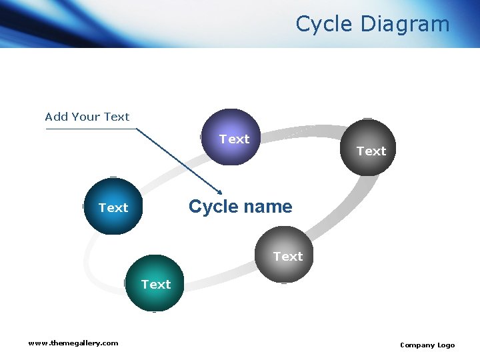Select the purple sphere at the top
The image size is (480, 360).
pyautogui.click(x=229, y=136)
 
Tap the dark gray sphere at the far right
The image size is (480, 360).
pyautogui.click(x=367, y=147)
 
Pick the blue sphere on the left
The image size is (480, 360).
pyautogui.click(x=113, y=207)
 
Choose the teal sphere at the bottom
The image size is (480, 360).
pyautogui.click(x=154, y=283)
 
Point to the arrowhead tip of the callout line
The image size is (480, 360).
pyautogui.click(x=221, y=193)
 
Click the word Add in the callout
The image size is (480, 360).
pyautogui.click(x=57, y=117)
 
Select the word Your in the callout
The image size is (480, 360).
pyautogui.click(x=86, y=117)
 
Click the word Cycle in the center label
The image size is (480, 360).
pyautogui.click(x=213, y=207)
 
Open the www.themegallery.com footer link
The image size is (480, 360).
pyautogui.click(x=73, y=343)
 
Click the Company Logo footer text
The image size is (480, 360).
pyautogui.click(x=427, y=345)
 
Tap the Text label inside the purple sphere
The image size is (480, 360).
pyautogui.click(x=235, y=139)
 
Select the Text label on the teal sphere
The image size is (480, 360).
pyautogui.click(x=156, y=285)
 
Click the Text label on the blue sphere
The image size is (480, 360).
pyautogui.click(x=113, y=208)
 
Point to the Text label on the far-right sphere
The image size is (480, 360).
pyautogui.click(x=371, y=151)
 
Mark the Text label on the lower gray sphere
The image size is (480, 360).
pyautogui.click(x=288, y=257)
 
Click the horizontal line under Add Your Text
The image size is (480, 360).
pyautogui.click(x=90, y=129)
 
